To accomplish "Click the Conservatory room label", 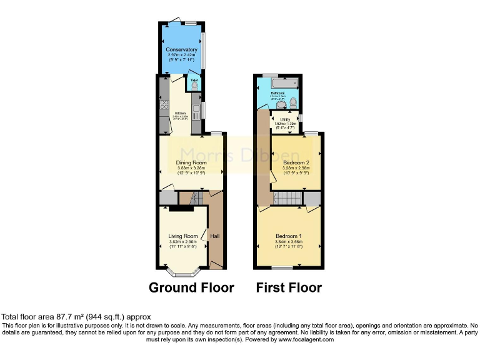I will pos(181,49).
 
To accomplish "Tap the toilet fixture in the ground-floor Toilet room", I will pos(194,86).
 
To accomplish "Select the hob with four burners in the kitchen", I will pos(164,105).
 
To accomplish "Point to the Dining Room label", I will pos(191,163).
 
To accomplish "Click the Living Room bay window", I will pos(183,274).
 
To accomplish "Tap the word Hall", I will pos(215,236).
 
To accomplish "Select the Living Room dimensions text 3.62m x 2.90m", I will pos(183,241).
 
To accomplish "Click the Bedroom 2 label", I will pos(292,162).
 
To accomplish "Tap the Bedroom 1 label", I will pos(288,236).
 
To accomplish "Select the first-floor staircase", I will pos(289,199).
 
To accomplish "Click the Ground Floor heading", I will pos(191,287).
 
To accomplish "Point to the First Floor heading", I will pos(289,287).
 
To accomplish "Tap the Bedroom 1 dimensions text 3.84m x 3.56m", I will pos(288,241).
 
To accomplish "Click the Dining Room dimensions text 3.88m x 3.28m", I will pos(191,168).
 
